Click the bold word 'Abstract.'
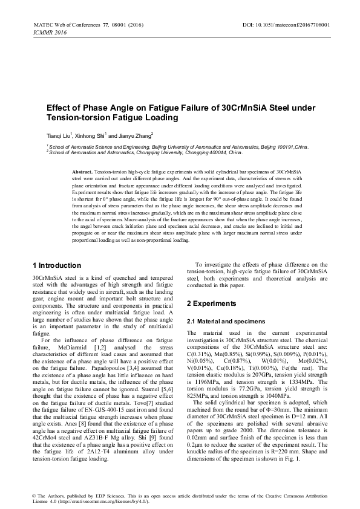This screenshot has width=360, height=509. (x=82, y=172)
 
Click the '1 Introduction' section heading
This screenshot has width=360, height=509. (x=56, y=265)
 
